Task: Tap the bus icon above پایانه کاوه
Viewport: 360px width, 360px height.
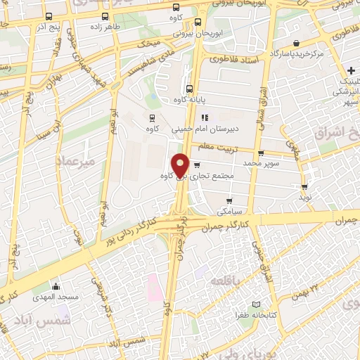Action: coord(188,89)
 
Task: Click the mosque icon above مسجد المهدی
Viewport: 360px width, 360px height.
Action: coord(57,286)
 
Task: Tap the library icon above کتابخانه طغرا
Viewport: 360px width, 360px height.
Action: coord(259,306)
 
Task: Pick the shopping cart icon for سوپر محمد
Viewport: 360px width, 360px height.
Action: coord(261,153)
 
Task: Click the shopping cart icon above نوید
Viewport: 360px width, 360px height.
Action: coord(304,187)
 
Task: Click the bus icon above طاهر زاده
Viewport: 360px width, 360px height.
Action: coord(105,16)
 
